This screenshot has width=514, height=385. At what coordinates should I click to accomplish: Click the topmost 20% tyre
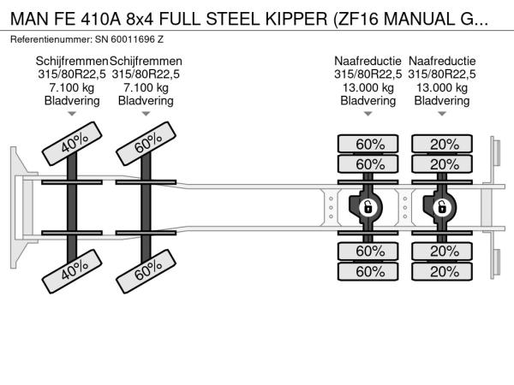pyautogui.click(x=442, y=143)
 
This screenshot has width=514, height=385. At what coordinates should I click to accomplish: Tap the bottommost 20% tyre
pyautogui.click(x=442, y=271)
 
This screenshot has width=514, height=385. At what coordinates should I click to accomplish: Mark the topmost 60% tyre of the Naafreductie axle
pyautogui.click(x=368, y=143)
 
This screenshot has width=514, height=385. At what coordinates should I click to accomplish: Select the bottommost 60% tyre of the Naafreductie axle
pyautogui.click(x=368, y=271)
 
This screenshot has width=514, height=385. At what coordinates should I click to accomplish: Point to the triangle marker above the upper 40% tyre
pyautogui.click(x=72, y=114)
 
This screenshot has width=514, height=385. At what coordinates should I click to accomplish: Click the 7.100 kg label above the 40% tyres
pyautogui.click(x=72, y=87)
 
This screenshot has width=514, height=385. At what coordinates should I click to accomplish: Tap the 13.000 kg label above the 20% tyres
pyautogui.click(x=443, y=87)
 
